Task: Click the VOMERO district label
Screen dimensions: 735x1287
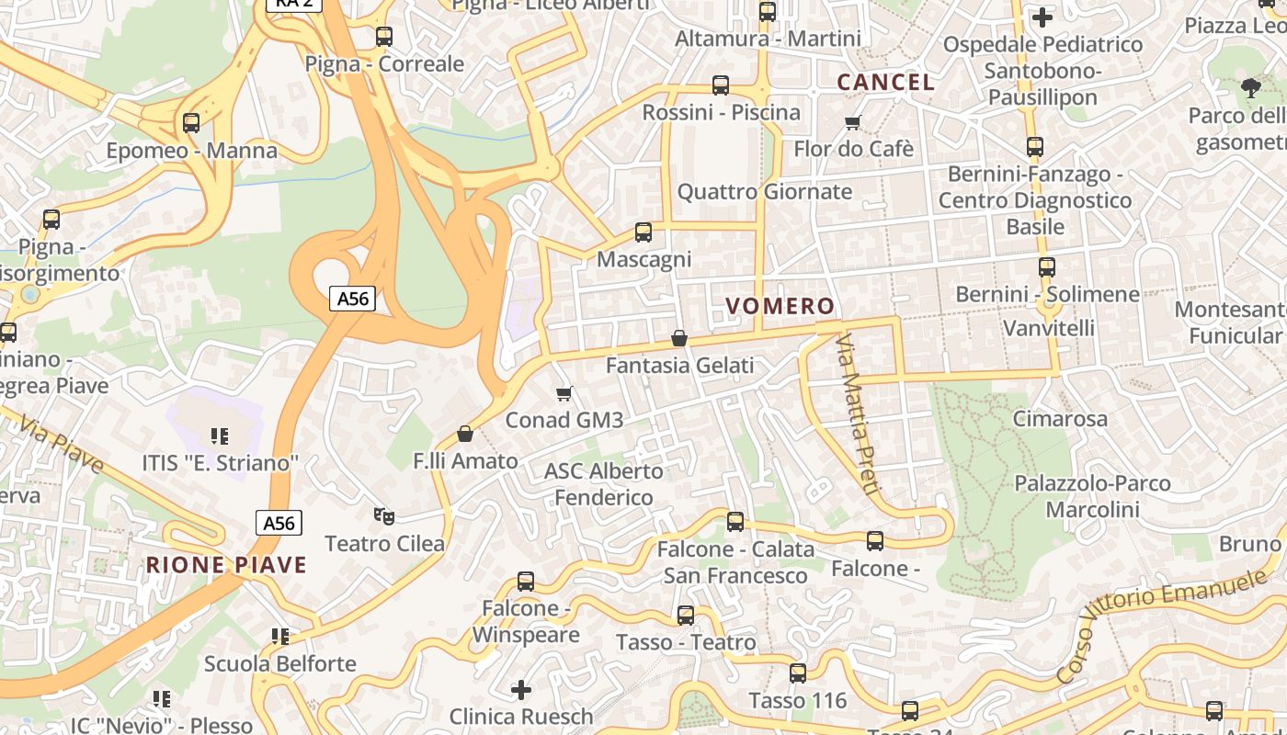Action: pyautogui.click(x=780, y=306)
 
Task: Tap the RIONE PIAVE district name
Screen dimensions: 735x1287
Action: pyautogui.click(x=226, y=564)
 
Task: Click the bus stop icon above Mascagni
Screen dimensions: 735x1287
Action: pyautogui.click(x=643, y=232)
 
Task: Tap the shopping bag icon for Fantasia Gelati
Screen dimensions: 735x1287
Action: pyautogui.click(x=679, y=338)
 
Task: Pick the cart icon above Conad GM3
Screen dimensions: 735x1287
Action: pyautogui.click(x=564, y=393)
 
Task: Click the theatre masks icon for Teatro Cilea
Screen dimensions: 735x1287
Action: pyautogui.click(x=384, y=516)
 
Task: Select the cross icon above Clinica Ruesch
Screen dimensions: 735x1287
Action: pyautogui.click(x=521, y=689)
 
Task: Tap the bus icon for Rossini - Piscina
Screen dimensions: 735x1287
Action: pyautogui.click(x=721, y=85)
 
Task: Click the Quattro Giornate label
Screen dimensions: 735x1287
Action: pyautogui.click(x=765, y=192)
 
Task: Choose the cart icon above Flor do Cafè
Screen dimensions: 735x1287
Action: pyautogui.click(x=853, y=122)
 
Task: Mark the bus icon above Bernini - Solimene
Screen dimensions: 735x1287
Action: pyautogui.click(x=1046, y=267)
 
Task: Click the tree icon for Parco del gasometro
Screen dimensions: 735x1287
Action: pyautogui.click(x=1250, y=88)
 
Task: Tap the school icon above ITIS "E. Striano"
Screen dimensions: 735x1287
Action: pyautogui.click(x=219, y=435)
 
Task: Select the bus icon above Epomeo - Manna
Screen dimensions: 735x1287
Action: pyautogui.click(x=191, y=123)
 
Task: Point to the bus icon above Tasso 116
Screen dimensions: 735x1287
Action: pyautogui.click(x=797, y=673)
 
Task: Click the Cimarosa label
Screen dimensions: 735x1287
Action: pyautogui.click(x=1060, y=419)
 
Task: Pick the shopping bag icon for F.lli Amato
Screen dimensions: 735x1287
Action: pyautogui.click(x=465, y=434)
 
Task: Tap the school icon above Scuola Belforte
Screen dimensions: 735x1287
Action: pyautogui.click(x=280, y=636)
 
